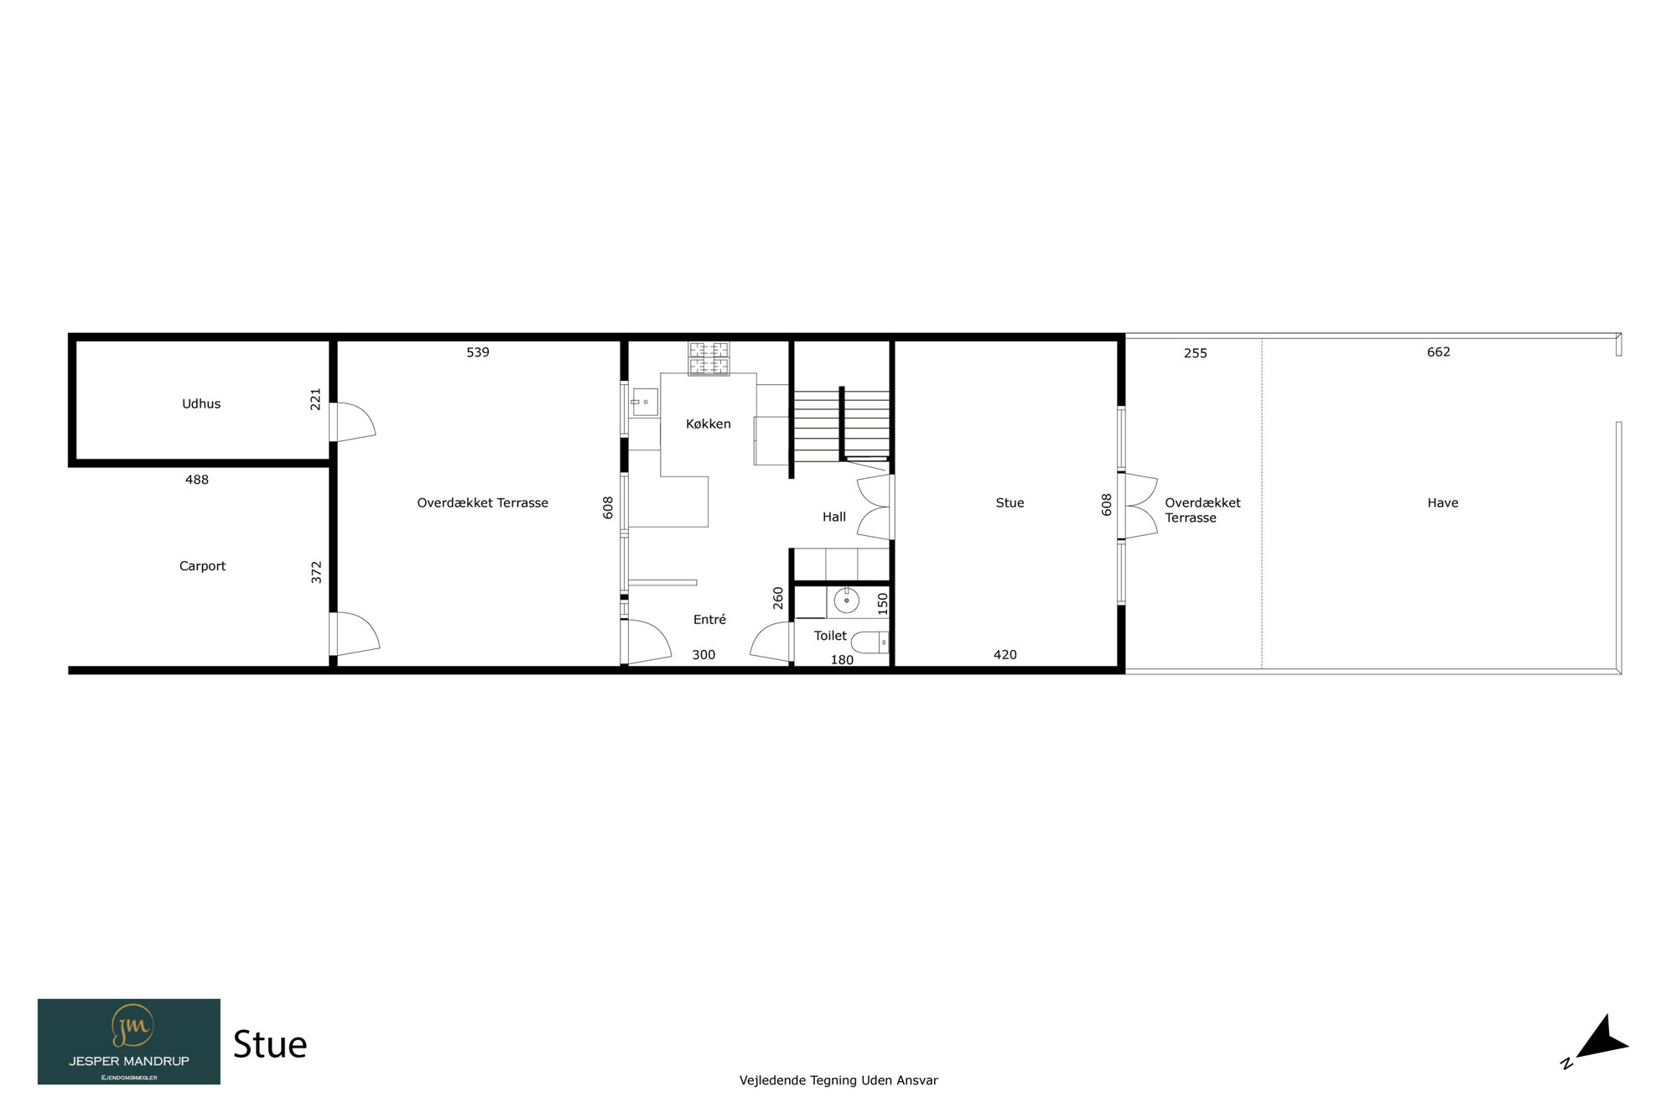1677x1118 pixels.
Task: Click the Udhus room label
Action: [x=201, y=403]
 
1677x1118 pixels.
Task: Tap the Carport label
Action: [x=202, y=566]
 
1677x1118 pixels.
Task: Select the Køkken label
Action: [x=709, y=424]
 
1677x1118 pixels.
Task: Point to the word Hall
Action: [x=834, y=517]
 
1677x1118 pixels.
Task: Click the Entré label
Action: [x=709, y=619]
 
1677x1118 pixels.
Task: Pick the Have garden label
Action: [x=1442, y=502]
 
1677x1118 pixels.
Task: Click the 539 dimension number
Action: [x=478, y=352]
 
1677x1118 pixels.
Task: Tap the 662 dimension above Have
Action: [x=1438, y=351]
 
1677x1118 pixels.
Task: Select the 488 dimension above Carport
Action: [x=197, y=480]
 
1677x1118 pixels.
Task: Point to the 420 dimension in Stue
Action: [x=1005, y=654]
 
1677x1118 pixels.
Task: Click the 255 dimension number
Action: [x=1195, y=353]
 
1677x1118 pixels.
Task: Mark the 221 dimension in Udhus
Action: [x=315, y=399]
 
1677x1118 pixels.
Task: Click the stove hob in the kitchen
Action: [x=709, y=358]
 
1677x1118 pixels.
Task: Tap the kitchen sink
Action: [x=645, y=402]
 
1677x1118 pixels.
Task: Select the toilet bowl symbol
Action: [x=870, y=642]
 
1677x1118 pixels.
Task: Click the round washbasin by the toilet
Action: [x=847, y=601]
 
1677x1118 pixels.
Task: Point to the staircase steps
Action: [x=841, y=424]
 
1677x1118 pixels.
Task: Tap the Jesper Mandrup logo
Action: [x=129, y=1041]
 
